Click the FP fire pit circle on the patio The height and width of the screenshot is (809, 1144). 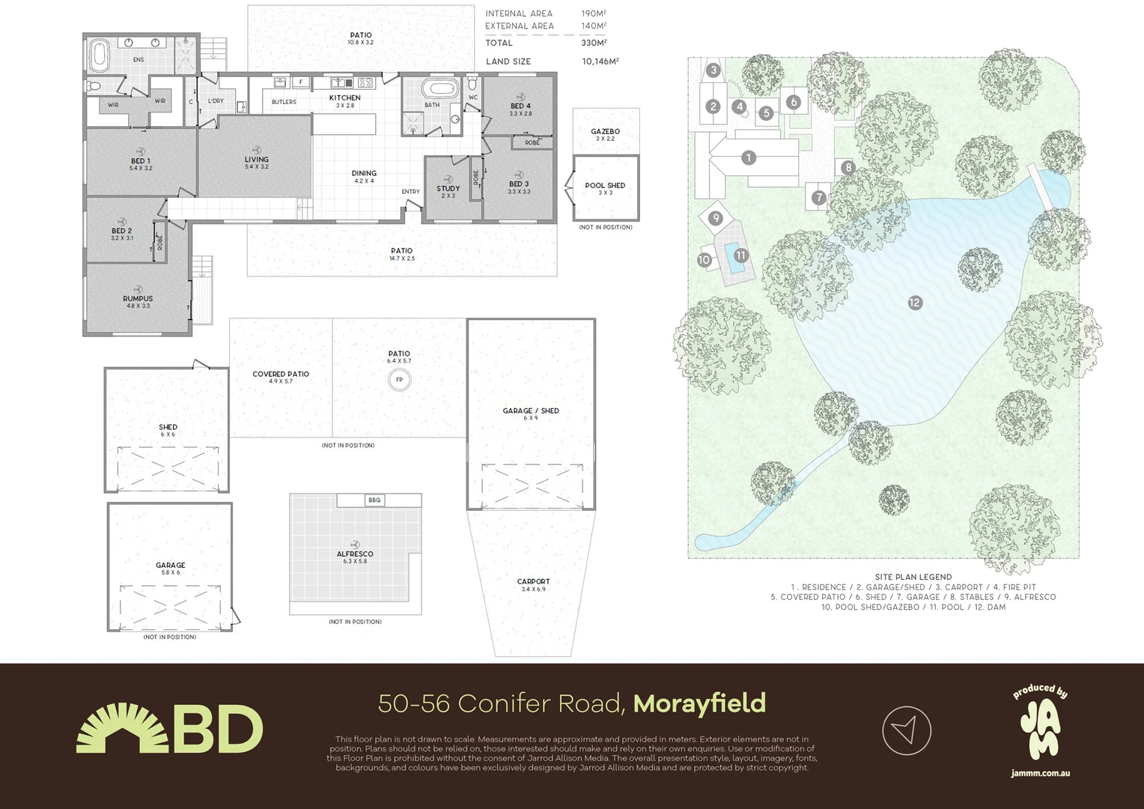[x=399, y=380]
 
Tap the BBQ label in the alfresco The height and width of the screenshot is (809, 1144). [x=374, y=500]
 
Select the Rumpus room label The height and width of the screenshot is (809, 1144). [x=138, y=299]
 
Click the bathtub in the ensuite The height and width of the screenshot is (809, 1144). [x=99, y=54]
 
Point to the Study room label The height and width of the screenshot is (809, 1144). [x=448, y=189]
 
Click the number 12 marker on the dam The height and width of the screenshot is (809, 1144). [x=915, y=303]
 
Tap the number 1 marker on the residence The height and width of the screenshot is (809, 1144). [x=748, y=157]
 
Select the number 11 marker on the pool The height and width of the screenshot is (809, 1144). [x=740, y=255]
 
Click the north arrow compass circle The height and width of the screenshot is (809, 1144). [x=906, y=730]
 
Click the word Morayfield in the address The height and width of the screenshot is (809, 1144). [x=699, y=703]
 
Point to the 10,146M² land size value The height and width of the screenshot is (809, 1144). [x=600, y=61]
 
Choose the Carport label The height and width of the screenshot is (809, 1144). [x=533, y=582]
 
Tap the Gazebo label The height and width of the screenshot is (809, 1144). [x=605, y=132]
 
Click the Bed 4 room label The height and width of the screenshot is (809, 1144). [x=520, y=106]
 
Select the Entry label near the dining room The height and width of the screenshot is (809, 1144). [x=410, y=192]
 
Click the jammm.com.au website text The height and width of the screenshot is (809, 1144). [x=1040, y=773]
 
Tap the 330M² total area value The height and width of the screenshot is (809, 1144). [x=594, y=43]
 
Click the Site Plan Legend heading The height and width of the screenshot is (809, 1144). [x=913, y=578]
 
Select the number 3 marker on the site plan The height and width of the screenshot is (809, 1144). [x=714, y=70]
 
